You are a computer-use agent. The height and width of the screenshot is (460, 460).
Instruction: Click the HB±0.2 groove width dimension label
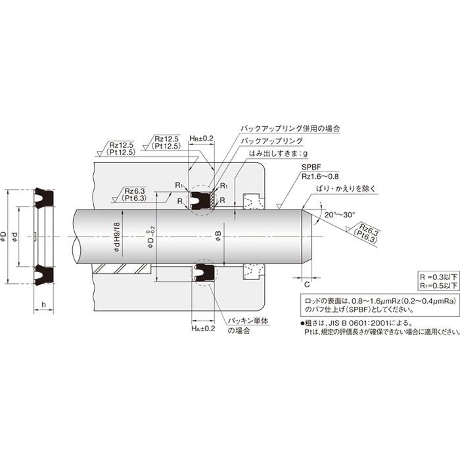pyautogui.click(x=201, y=139)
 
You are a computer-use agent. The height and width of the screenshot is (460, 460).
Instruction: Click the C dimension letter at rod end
pyautogui.click(x=307, y=284)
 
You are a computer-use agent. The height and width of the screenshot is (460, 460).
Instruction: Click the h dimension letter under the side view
pyautogui.click(x=43, y=304)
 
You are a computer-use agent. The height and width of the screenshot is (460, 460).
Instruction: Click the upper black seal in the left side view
pyautogui.click(x=44, y=195)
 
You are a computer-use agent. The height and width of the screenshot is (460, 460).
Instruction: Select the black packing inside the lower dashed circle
pyautogui.click(x=201, y=272)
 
